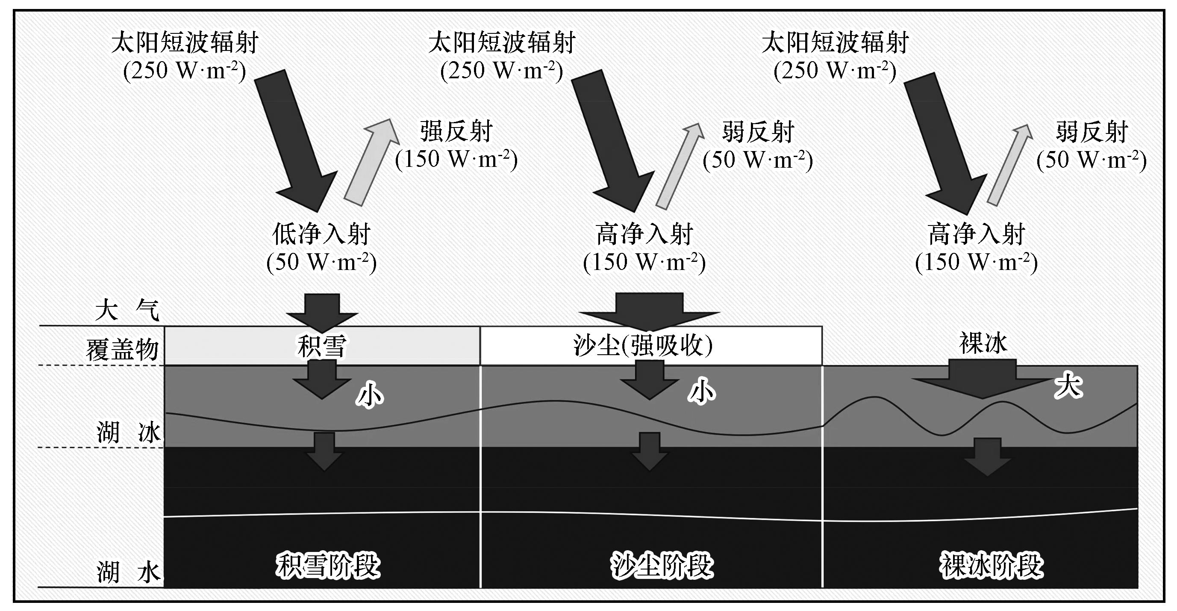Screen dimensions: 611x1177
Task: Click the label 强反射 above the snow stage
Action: coord(456,132)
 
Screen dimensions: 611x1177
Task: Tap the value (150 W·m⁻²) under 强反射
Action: coord(456,159)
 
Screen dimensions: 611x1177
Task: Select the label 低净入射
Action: coord(321,234)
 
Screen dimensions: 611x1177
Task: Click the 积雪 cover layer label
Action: coord(322,346)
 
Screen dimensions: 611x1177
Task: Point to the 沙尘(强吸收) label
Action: coord(642,346)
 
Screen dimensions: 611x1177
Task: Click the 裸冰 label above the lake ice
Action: coord(983,343)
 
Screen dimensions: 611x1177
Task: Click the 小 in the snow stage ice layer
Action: coord(370,394)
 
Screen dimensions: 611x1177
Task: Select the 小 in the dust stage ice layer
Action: coord(702,392)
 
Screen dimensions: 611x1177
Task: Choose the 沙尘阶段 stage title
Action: coord(662,566)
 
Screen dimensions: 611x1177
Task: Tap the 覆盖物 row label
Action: coord(122,350)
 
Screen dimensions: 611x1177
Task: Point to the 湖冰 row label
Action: coord(128,433)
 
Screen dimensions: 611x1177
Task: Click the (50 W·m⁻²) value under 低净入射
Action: coord(321,262)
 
